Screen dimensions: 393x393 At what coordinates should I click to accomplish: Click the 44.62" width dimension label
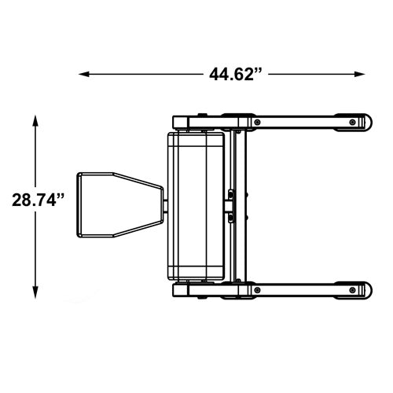(x=235, y=75)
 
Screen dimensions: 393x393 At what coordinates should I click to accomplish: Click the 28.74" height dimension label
(x=38, y=200)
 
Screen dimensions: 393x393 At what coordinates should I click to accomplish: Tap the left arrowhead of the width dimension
(x=84, y=75)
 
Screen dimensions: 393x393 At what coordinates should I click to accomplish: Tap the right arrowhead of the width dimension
(x=359, y=75)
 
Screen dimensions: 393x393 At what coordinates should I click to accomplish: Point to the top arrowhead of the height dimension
(x=35, y=121)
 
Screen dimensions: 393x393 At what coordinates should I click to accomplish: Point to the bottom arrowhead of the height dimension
(x=35, y=292)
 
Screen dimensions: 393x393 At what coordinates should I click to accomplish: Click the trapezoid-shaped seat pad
(x=120, y=205)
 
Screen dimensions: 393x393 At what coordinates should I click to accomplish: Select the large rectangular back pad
(x=196, y=206)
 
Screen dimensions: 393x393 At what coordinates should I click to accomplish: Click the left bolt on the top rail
(x=258, y=123)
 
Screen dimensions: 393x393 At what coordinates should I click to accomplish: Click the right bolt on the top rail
(x=352, y=123)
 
